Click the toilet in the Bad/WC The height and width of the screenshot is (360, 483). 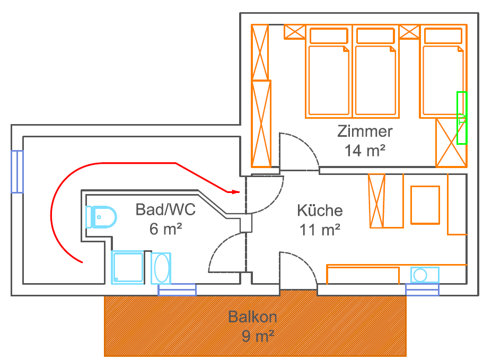click(101, 217)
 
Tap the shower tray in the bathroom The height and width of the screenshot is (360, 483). click(128, 267)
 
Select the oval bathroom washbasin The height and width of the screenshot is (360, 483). click(161, 268)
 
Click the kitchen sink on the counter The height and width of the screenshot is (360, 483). click(425, 275)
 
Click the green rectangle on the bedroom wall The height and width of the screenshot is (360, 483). click(462, 118)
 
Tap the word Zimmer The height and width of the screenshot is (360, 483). click(365, 131)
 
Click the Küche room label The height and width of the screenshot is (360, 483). click(320, 210)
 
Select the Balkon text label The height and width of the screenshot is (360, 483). click(252, 317)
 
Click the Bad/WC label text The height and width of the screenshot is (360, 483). click(165, 210)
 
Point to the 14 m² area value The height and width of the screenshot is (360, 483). click(365, 151)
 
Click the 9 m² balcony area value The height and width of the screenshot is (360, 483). click(258, 336)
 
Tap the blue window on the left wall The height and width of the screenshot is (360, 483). click(17, 172)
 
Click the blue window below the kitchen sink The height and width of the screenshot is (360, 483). click(422, 290)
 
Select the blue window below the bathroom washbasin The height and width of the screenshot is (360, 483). click(177, 290)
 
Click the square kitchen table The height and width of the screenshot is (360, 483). click(425, 205)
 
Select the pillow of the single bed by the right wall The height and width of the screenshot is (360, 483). click(443, 36)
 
